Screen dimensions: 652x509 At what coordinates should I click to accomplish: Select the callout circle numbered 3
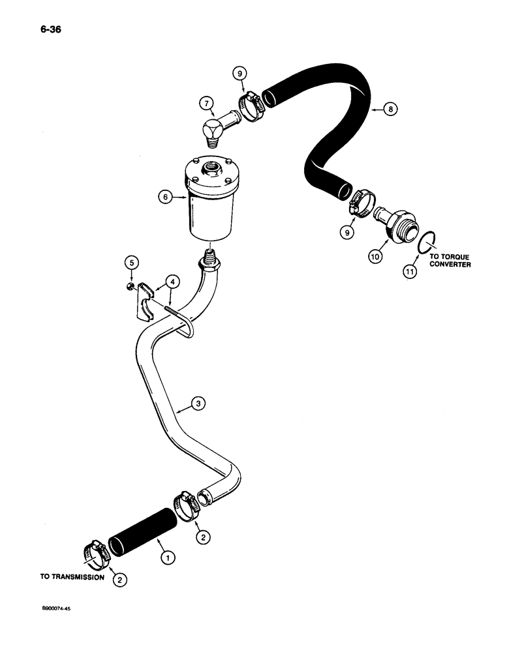pos(200,404)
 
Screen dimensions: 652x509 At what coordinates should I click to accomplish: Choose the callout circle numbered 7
pos(206,102)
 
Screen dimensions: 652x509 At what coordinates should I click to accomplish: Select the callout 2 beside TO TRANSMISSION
pos(118,578)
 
